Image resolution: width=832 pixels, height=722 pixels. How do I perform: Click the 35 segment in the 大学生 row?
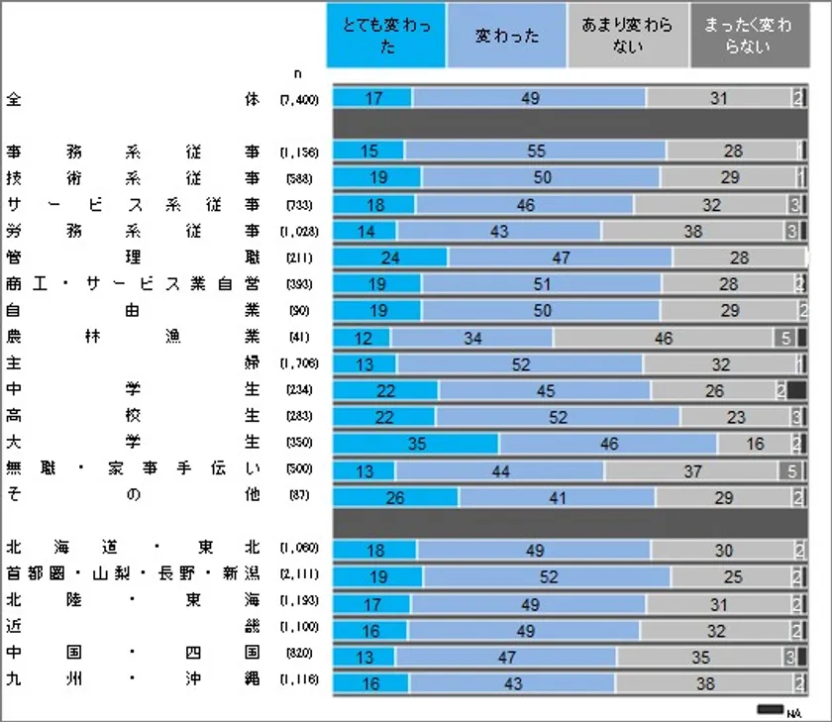click(416, 444)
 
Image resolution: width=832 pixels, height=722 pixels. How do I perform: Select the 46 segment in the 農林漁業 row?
click(664, 338)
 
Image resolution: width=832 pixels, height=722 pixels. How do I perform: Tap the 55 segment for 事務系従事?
click(535, 151)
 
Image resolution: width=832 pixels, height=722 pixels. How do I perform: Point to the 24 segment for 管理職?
click(390, 258)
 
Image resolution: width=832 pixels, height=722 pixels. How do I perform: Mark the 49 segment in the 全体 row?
click(529, 97)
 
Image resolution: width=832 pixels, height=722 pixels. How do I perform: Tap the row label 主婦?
click(133, 363)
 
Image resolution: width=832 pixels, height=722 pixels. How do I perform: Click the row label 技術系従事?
click(133, 178)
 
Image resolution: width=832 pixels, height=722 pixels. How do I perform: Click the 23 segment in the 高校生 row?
click(735, 417)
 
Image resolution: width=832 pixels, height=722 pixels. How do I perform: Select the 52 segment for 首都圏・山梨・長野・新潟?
click(547, 576)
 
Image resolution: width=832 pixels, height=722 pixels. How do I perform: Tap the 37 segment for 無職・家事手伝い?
click(691, 470)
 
